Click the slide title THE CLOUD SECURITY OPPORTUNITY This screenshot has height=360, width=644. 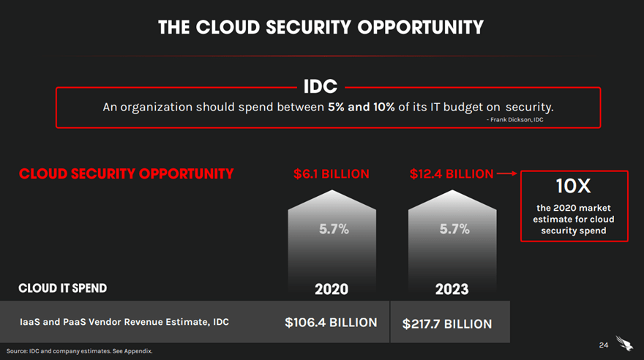(321, 27)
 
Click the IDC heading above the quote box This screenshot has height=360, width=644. (321, 87)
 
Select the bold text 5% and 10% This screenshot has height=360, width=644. (361, 107)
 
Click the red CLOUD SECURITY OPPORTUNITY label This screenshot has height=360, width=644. (126, 174)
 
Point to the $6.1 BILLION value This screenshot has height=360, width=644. (332, 174)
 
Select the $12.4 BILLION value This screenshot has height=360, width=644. (452, 174)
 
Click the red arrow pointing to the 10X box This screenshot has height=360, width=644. (506, 174)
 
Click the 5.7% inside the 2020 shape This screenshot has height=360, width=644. (334, 229)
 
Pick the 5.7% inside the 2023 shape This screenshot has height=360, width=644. (454, 229)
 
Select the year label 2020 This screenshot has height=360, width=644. (332, 289)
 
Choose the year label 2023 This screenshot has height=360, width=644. (452, 289)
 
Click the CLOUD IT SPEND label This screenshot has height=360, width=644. (62, 288)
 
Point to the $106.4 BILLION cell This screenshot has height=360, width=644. (331, 323)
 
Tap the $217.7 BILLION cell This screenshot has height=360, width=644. (447, 323)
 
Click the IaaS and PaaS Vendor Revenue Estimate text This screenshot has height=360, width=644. (124, 322)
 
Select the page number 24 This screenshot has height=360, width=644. (603, 345)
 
